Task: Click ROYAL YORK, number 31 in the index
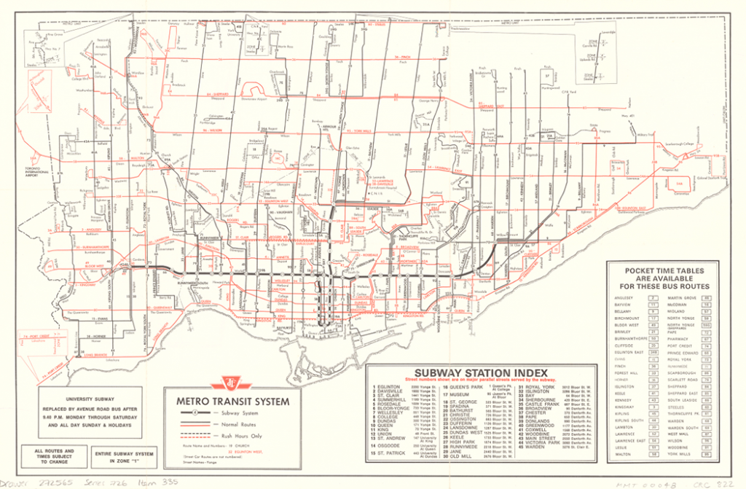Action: point(541,386)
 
